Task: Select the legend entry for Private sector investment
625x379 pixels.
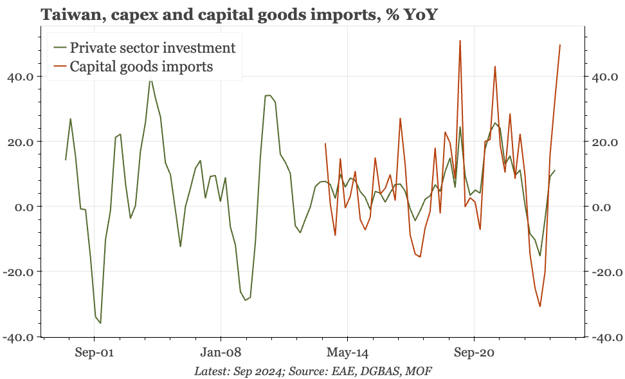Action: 152,47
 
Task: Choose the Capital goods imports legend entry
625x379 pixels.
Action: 141,66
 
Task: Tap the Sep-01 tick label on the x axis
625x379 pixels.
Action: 94,353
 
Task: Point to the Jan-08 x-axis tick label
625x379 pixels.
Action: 221,353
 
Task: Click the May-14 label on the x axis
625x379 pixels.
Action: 347,353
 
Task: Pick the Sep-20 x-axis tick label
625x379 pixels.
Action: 474,353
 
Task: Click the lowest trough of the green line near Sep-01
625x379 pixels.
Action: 100,323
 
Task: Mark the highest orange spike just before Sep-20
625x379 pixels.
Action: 460,41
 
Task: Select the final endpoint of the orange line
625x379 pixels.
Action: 560,45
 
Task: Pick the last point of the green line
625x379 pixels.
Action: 555,171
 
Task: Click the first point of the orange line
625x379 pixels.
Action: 325,143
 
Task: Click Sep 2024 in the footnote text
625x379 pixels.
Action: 258,371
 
